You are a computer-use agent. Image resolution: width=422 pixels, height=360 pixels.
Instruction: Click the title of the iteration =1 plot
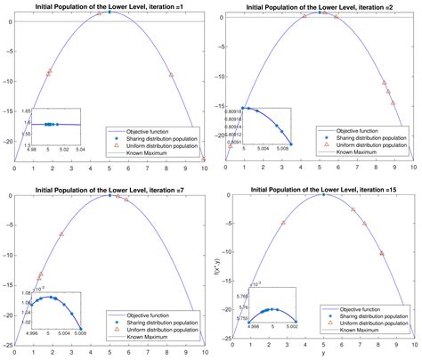tap(110, 4)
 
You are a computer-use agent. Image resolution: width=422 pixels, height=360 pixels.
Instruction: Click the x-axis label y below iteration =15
tap(323, 355)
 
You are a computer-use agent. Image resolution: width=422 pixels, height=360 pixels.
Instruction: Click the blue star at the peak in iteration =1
tap(110, 12)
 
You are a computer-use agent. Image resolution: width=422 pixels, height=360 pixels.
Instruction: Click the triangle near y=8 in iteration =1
tap(171, 75)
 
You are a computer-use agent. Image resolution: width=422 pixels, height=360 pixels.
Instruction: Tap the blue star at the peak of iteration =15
tap(323, 194)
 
